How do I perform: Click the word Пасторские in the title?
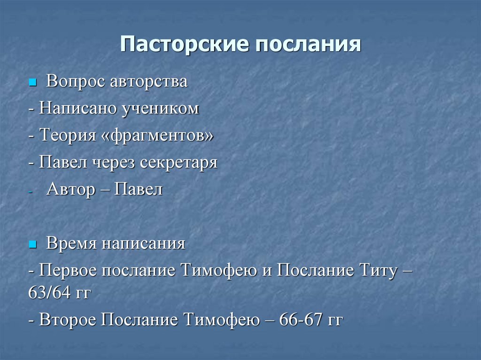(184, 44)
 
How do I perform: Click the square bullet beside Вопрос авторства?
(32, 82)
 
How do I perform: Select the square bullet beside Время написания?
(32, 245)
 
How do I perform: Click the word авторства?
(149, 82)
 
